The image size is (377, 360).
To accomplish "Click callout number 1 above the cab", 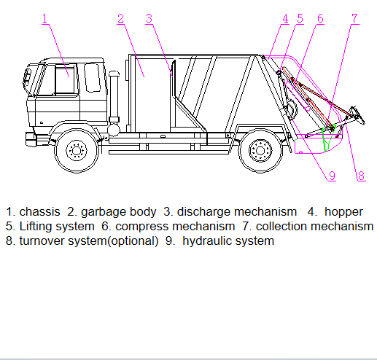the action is pos(44,18).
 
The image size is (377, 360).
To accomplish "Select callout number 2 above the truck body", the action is pos(120,18).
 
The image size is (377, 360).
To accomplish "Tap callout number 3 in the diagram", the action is pos(149,18).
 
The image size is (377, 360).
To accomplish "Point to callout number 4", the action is pos(285,18).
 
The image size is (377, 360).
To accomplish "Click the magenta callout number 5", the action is pos(300,18).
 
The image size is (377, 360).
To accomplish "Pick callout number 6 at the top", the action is pos(321,18).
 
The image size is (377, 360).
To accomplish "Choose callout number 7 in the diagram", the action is pos(355,18).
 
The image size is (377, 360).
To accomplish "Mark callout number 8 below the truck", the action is pos(362,176).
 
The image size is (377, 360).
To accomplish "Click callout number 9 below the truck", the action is pos(332,176).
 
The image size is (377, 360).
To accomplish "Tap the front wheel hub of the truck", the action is pos(77,151).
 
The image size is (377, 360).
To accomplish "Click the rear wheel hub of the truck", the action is pos(260,151).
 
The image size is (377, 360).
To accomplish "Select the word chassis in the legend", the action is pos(39,212).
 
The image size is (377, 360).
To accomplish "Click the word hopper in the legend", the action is pos(343,212).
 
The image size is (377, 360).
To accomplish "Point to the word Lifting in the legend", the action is pos(34,227).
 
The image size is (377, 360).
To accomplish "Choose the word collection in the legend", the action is pos(281,227).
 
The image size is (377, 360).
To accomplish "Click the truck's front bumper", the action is pos(31,139).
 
